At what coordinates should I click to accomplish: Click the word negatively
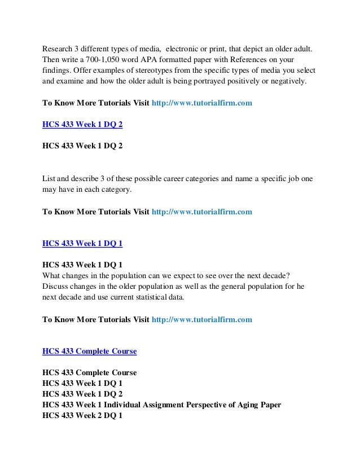click(286, 81)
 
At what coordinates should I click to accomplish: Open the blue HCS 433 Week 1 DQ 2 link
click(82, 124)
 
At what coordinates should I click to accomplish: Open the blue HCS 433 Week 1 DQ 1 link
click(82, 244)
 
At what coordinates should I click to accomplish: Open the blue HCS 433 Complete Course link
click(90, 351)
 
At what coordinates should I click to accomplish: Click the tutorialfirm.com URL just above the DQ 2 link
click(202, 104)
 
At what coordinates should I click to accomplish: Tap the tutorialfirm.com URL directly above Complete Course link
click(202, 319)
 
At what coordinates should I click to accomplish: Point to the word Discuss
click(56, 287)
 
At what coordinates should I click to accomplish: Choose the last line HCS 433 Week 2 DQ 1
click(82, 416)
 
